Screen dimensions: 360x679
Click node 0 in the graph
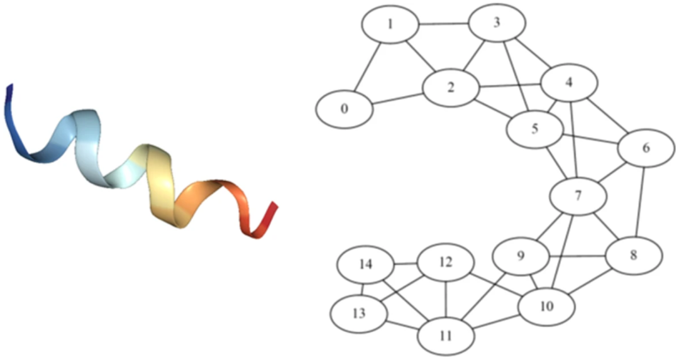click(344, 108)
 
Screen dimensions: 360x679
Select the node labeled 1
click(390, 25)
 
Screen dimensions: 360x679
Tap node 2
click(451, 87)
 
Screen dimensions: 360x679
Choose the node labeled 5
click(534, 130)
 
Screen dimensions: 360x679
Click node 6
click(646, 148)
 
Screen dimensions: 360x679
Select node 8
click(633, 255)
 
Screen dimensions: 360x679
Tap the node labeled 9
click(521, 256)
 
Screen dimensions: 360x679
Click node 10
click(546, 307)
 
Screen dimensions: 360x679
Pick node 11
click(446, 335)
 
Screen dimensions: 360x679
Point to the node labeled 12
click(446, 262)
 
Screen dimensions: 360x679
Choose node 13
click(359, 313)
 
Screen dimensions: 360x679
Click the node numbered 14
click(365, 264)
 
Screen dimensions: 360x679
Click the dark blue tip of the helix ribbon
click(9, 94)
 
